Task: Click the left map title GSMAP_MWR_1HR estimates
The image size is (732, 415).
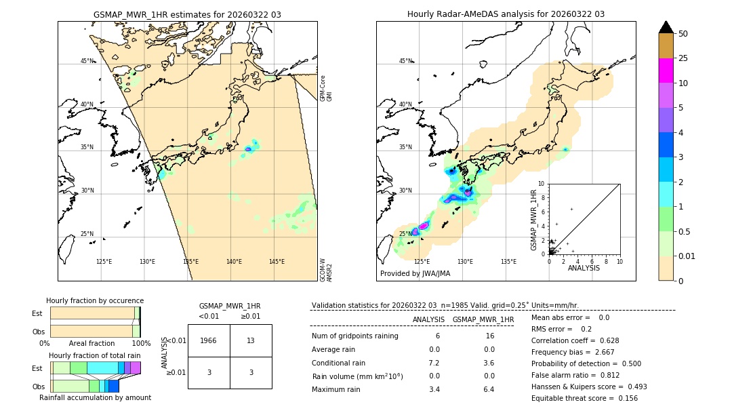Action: click(x=187, y=14)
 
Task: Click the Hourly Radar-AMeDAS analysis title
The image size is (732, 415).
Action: click(x=506, y=14)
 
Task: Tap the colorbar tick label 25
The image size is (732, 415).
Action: click(x=684, y=58)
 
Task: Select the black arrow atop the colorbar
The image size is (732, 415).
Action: click(x=666, y=27)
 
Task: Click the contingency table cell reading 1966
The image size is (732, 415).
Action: click(x=209, y=340)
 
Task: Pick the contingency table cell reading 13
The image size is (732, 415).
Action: click(x=251, y=340)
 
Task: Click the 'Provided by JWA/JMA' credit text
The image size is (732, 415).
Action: click(x=415, y=273)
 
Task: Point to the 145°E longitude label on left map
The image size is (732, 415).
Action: click(x=277, y=262)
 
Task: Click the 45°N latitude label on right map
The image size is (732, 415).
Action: click(x=405, y=61)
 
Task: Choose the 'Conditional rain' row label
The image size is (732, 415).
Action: click(x=339, y=362)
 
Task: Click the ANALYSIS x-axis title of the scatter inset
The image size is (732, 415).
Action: click(x=584, y=268)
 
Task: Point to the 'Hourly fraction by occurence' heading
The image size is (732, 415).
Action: click(x=95, y=300)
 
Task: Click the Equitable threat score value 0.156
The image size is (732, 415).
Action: click(x=624, y=398)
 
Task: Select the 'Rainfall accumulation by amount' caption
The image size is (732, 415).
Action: click(x=95, y=397)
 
